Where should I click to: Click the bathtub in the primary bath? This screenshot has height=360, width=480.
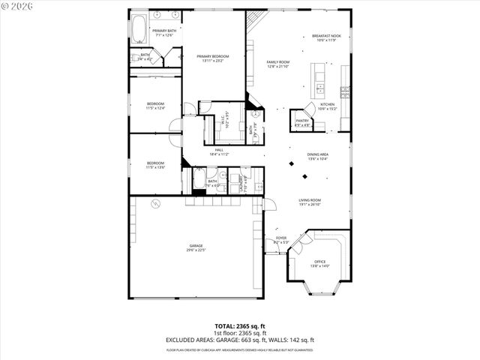(139, 30)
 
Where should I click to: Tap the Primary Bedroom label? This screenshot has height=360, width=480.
(213, 58)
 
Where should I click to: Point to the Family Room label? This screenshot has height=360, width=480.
(277, 64)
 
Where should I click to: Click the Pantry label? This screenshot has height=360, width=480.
(302, 122)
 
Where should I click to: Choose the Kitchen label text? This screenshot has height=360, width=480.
(328, 106)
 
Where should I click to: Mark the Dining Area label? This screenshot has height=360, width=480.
(318, 157)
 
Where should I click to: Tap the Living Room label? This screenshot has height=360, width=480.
(310, 202)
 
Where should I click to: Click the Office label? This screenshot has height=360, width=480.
(319, 263)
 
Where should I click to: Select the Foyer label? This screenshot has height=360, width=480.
(280, 239)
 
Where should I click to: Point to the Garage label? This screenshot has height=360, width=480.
(196, 247)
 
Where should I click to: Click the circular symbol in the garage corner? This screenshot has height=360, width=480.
(155, 204)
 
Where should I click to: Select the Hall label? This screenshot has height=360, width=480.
(220, 151)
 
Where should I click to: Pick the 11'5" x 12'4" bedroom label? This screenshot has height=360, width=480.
(155, 106)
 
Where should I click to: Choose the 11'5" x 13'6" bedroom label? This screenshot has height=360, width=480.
(155, 165)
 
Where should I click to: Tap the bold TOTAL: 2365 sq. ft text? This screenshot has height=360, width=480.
(240, 326)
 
